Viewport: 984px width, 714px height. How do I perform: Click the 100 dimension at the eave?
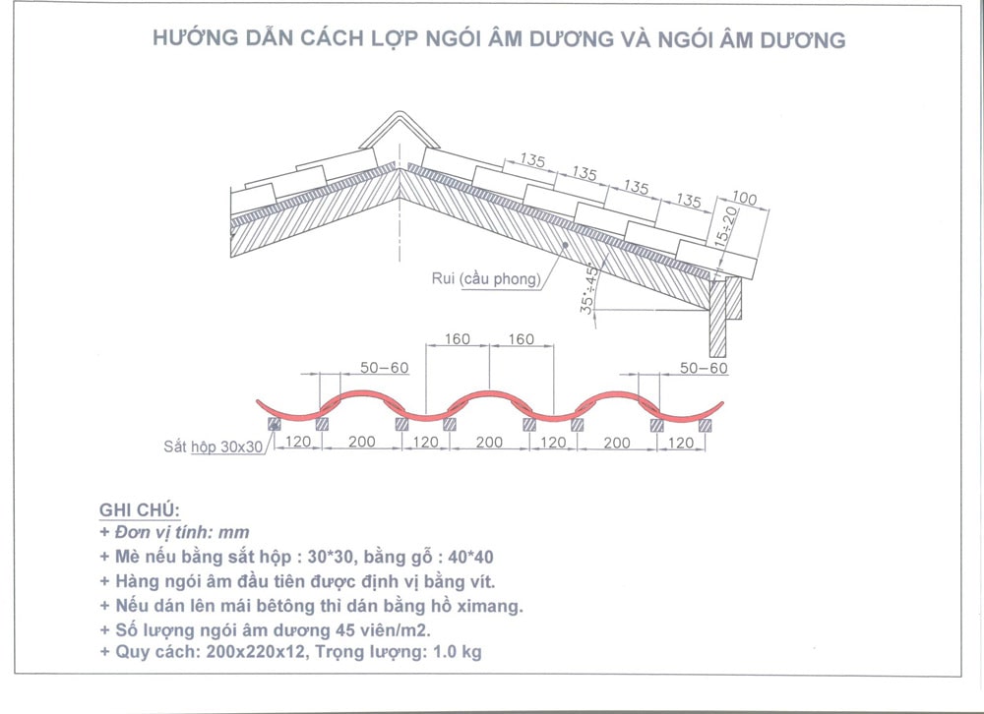click(x=745, y=200)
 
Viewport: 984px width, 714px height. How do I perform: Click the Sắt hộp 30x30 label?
click(x=214, y=446)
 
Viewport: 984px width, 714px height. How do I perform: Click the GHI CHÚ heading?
click(x=139, y=510)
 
